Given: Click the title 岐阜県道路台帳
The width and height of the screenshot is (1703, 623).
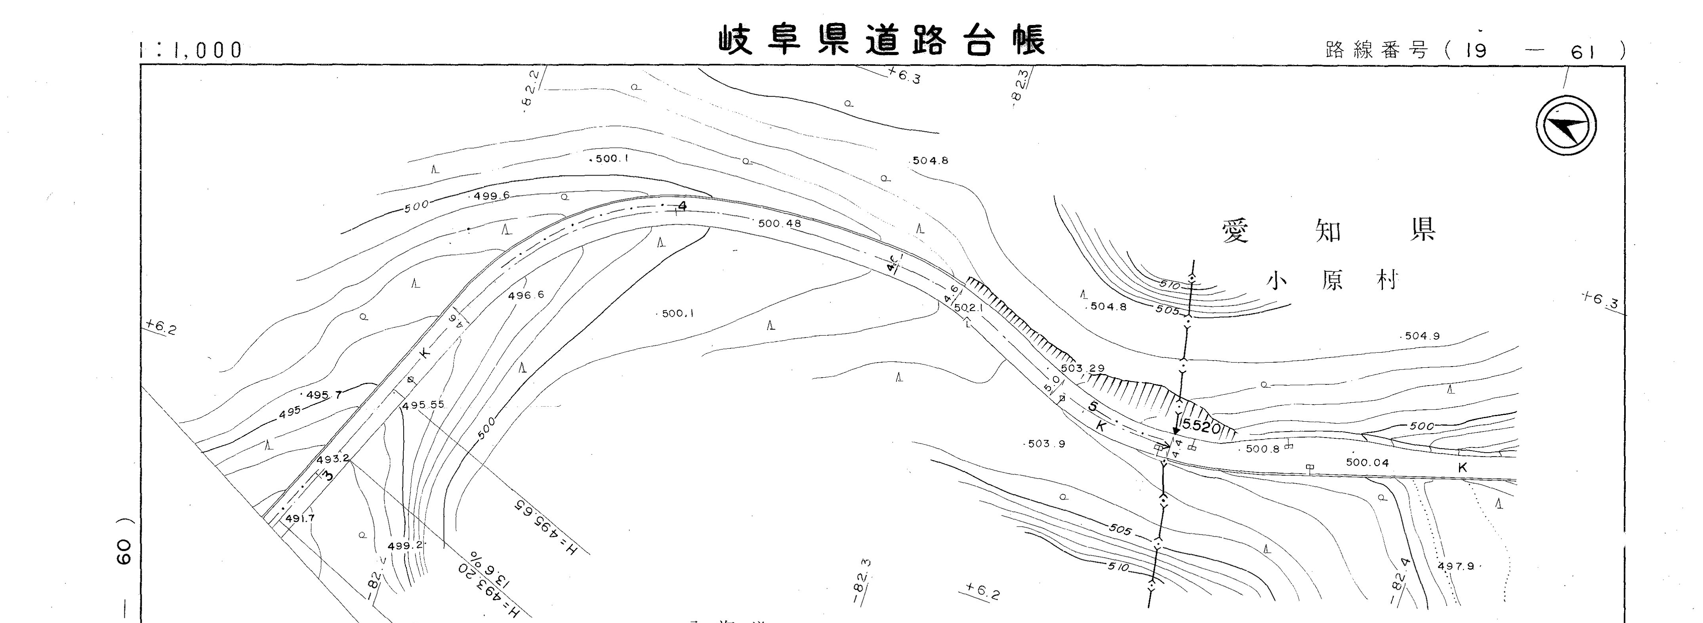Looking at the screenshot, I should click(882, 41).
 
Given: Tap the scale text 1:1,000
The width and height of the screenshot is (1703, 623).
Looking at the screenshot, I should click(192, 50).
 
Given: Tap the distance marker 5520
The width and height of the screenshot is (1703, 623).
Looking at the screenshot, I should click(1201, 427).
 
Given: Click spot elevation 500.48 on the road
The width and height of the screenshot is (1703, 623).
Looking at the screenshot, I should click(780, 224).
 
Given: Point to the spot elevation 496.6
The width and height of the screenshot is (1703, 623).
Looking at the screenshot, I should click(526, 295).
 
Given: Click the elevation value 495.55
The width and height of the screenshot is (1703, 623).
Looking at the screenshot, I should click(423, 405).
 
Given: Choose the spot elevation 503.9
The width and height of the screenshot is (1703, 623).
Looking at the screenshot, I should click(1047, 444).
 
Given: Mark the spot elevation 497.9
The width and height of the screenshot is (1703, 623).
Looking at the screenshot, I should click(1456, 566).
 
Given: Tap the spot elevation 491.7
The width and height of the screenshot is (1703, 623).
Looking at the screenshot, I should click(300, 518).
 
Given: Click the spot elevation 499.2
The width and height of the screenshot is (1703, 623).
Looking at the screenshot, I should click(404, 546).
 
